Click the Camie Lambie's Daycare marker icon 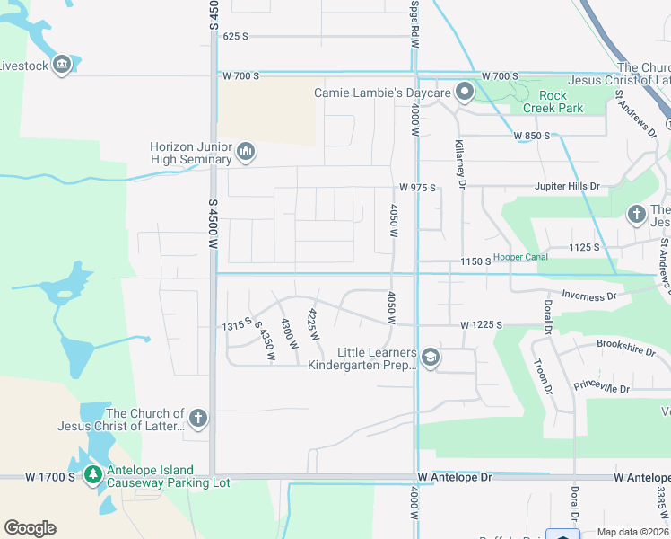click(x=464, y=92)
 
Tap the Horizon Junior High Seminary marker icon click(x=247, y=153)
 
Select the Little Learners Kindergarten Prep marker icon click(x=430, y=358)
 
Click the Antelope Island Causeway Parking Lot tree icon click(x=92, y=473)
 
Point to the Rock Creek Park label click(x=560, y=102)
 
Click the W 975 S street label click(x=417, y=188)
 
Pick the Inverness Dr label click(x=590, y=295)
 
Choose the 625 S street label click(x=235, y=37)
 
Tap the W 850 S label click(x=531, y=136)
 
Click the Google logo click(x=30, y=528)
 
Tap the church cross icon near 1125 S click(x=636, y=214)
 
